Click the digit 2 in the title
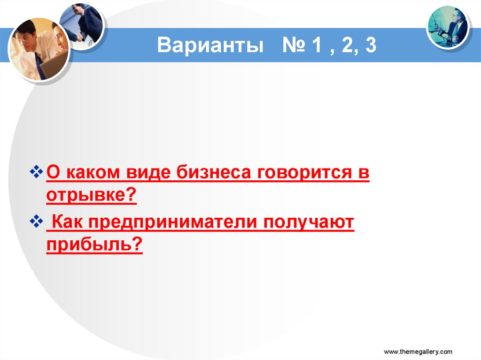345,46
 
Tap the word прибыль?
94,244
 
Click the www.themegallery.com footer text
418,352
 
